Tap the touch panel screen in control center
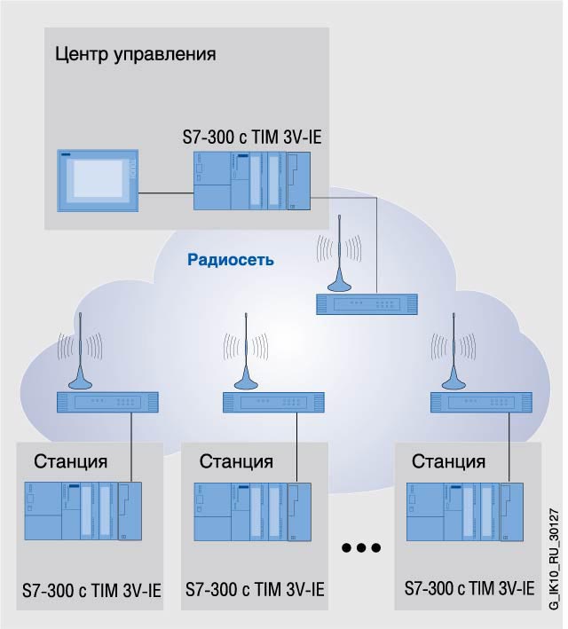98,177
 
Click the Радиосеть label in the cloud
230,260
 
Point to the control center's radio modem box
365,304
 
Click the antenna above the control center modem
337,262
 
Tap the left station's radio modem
107,402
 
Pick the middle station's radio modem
273,402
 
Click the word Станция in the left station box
71,461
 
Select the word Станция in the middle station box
236,461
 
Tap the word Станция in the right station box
449,461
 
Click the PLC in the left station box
82,511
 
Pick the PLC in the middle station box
252,511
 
